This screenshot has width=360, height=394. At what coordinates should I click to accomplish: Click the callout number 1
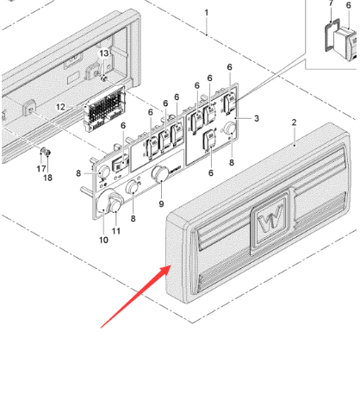click(x=207, y=13)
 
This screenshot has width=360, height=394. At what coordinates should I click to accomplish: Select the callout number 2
click(x=294, y=122)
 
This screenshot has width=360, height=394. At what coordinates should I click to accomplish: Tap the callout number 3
click(x=257, y=118)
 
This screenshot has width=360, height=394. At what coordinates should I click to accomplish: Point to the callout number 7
click(x=331, y=3)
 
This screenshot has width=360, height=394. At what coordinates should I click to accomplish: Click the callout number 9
click(x=161, y=204)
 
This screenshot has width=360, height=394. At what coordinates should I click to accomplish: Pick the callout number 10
click(x=103, y=240)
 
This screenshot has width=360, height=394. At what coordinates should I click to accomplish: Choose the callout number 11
click(x=116, y=231)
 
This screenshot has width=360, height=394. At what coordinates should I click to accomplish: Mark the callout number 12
click(x=60, y=107)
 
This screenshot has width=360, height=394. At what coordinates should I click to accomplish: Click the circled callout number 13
click(x=104, y=53)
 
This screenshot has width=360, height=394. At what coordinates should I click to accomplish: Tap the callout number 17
click(x=41, y=169)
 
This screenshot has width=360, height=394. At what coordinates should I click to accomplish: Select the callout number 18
click(x=48, y=178)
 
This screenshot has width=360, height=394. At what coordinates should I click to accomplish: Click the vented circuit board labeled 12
click(x=105, y=109)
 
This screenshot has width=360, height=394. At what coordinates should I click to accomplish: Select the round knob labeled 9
click(x=159, y=173)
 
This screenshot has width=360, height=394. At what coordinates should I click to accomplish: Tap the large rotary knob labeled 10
click(x=106, y=202)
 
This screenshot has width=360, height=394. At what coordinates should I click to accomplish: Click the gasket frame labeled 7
click(x=330, y=34)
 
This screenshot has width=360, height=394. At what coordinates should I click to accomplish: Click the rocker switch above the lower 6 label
click(x=210, y=140)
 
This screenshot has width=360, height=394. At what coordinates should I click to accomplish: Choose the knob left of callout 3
click(x=229, y=128)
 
